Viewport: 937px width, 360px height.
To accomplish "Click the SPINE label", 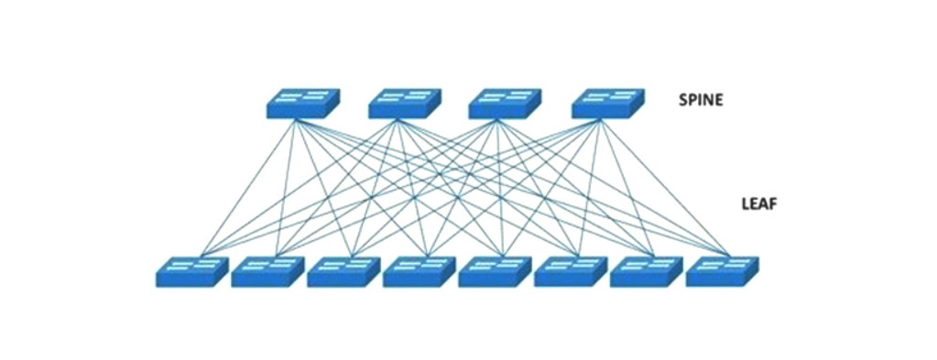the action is click(701, 100).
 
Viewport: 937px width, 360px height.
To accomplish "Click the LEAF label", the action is click(758, 204).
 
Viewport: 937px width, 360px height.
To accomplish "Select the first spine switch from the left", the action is click(303, 103).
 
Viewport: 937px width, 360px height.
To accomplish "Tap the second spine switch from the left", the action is click(405, 103).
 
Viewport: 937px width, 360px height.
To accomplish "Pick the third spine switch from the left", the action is click(505, 103).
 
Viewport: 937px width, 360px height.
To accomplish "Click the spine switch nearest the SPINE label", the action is click(608, 103).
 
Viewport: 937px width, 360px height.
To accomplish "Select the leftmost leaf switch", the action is click(192, 271).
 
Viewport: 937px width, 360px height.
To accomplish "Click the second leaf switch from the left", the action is click(267, 271).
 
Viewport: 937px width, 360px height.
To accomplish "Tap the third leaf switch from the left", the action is click(343, 271).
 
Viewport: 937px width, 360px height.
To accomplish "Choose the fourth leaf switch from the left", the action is click(419, 271).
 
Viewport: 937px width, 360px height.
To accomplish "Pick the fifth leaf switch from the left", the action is click(495, 271).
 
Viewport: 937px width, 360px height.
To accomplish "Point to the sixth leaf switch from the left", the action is click(571, 271).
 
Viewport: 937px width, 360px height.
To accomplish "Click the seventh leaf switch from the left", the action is click(647, 271).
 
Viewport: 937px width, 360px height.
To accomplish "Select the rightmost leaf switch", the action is click(723, 271).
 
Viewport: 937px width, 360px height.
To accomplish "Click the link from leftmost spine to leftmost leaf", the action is click(248, 187).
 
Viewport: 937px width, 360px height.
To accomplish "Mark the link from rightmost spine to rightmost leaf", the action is click(665, 187).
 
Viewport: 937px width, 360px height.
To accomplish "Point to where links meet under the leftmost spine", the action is click(296, 120).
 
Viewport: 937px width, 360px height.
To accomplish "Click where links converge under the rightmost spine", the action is click(599, 120).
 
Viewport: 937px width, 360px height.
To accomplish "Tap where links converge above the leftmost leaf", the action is click(202, 255).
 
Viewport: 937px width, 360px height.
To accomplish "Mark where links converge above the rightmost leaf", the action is click(730, 255).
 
